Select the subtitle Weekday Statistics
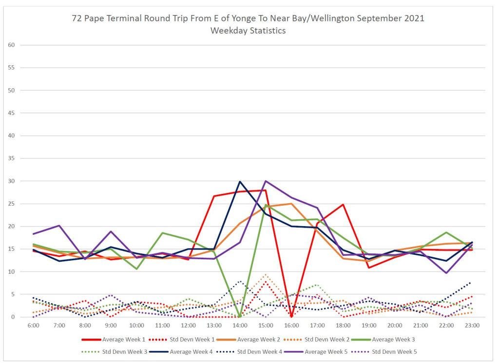pyautogui.click(x=248, y=31)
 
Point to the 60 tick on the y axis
pyautogui.click(x=12, y=45)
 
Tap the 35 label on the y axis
pyautogui.click(x=12, y=158)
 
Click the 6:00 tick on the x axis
pyautogui.click(x=34, y=325)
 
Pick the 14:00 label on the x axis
pyautogui.click(x=240, y=325)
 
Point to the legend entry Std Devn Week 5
pyautogui.click(x=394, y=351)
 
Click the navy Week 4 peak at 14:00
pyautogui.click(x=240, y=182)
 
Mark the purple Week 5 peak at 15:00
pyautogui.click(x=266, y=181)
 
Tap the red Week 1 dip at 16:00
pyautogui.click(x=291, y=316)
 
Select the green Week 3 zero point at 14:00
pyautogui.click(x=240, y=317)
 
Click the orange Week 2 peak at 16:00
pyautogui.click(x=291, y=204)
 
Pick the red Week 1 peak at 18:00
pyautogui.click(x=343, y=205)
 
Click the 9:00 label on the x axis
pyautogui.click(x=111, y=325)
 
